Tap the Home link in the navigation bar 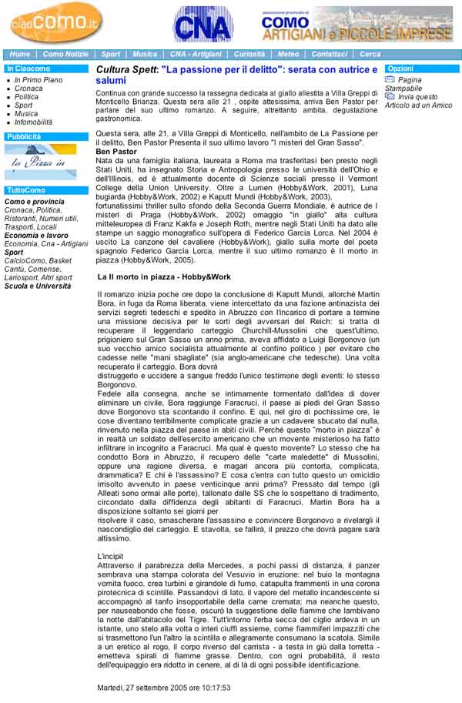click(20, 55)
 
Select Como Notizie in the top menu click(65, 55)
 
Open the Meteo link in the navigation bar click(288, 55)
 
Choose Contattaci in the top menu click(329, 55)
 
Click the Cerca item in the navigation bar click(370, 55)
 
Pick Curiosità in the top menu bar click(249, 55)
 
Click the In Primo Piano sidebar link click(38, 80)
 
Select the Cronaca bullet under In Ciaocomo click(28, 89)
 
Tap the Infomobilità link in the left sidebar click(33, 122)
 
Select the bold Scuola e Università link click(38, 286)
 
